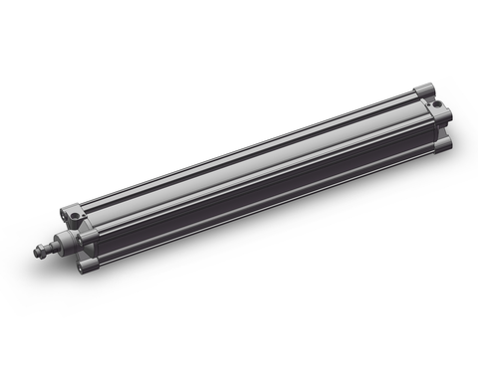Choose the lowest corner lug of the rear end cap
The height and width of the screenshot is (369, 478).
445,144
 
